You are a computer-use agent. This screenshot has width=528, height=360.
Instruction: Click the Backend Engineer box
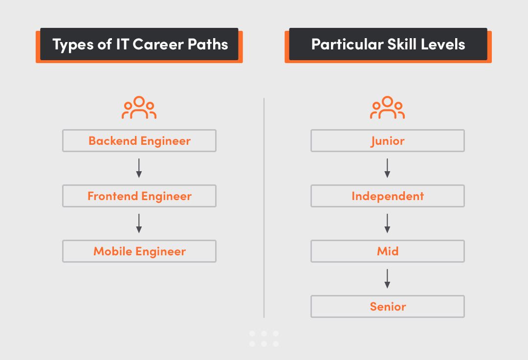139,141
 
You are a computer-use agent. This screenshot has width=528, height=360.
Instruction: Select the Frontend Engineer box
139,196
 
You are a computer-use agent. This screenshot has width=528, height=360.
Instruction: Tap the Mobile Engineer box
139,251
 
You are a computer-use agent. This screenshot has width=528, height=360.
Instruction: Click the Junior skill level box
387,141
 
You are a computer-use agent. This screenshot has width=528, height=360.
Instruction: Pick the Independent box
387,196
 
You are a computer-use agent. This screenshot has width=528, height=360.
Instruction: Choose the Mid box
387,251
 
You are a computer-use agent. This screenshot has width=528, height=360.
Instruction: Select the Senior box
387,307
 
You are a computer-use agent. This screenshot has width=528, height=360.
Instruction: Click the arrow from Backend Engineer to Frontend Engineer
139,168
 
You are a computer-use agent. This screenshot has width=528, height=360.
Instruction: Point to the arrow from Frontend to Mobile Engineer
139,223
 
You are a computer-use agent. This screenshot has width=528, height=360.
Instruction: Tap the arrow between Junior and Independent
387,168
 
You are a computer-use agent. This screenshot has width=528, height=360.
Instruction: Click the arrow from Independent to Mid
387,223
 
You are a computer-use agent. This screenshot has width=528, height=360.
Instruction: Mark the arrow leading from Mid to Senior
387,278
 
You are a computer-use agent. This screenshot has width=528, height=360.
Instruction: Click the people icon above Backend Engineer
139,108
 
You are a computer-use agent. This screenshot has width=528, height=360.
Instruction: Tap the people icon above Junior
387,108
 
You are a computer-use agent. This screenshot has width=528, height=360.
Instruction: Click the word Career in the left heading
157,45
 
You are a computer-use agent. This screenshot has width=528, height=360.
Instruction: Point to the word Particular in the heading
347,45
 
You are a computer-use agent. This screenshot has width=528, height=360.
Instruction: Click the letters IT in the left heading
122,45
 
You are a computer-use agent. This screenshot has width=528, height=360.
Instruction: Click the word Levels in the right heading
445,45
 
